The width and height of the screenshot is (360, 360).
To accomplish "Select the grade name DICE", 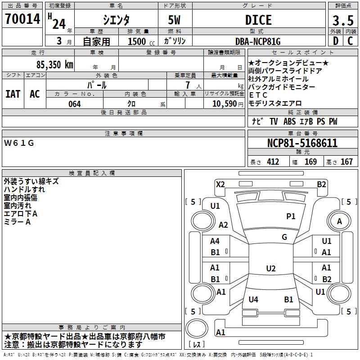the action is pos(258,20).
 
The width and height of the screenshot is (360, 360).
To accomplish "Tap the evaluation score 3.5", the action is pos(342,21).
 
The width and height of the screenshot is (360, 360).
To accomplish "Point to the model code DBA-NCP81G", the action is pos(258,41).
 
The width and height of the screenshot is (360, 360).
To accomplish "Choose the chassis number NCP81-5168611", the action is pos(302,143).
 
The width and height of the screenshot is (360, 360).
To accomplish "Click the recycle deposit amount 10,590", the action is pos(222,104).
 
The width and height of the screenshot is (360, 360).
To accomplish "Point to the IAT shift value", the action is pos(13,94).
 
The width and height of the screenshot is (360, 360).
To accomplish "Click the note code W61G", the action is pos(19,143).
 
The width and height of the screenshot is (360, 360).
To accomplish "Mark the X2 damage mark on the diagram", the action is pos(220,184).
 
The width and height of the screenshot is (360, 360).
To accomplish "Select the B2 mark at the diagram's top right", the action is pos(321,184).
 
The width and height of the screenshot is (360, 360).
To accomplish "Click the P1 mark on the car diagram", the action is pos(291,216).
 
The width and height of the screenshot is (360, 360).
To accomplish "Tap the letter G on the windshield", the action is pos(284,237).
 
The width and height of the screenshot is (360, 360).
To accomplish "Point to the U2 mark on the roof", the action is pos(270,269).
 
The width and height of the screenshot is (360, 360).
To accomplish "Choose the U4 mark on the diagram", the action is pos(253,299).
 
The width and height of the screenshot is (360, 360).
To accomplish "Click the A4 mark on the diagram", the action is pos(215,241).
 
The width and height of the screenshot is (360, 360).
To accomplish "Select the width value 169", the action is pos(311,162).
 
